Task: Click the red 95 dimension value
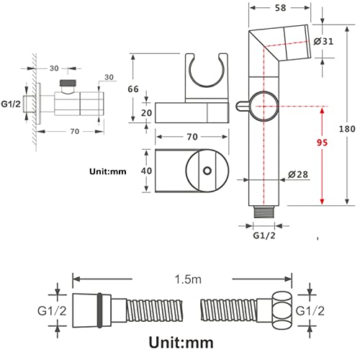click(x=322, y=143)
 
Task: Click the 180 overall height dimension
click(x=347, y=129)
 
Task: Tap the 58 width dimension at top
click(x=280, y=8)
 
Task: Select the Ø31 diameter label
click(x=323, y=42)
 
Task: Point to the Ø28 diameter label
click(x=298, y=174)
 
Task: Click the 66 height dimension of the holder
click(x=133, y=89)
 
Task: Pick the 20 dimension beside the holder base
click(x=146, y=113)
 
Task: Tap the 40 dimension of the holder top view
click(x=146, y=171)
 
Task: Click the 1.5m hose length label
click(x=188, y=279)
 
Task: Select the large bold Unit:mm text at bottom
click(x=181, y=342)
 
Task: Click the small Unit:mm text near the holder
click(x=108, y=171)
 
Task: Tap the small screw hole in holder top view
click(x=207, y=171)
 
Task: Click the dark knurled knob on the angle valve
click(x=68, y=83)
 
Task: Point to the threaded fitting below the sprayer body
click(x=264, y=212)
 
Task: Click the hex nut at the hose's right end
click(x=282, y=310)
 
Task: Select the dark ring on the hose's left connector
click(x=100, y=310)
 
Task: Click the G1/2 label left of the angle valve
click(x=11, y=104)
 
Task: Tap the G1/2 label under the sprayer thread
click(x=264, y=235)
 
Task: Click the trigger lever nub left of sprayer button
click(x=243, y=106)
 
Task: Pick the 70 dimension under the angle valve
click(x=75, y=132)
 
